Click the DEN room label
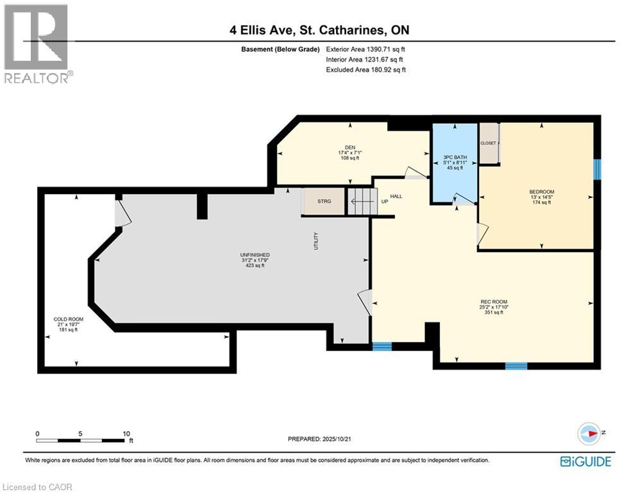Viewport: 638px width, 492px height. tap(350, 147)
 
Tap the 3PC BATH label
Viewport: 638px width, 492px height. tap(455, 158)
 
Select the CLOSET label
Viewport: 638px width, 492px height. tap(488, 143)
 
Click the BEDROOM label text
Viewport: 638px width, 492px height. tap(542, 192)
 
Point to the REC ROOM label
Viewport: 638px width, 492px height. tap(494, 302)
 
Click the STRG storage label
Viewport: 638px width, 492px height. tap(324, 201)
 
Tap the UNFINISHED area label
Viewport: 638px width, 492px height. tap(255, 255)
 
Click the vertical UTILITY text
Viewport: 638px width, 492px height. tap(316, 241)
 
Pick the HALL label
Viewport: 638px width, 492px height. tap(396, 197)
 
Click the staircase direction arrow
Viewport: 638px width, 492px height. tap(361, 201)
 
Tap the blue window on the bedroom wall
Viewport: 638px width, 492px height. tap(598, 169)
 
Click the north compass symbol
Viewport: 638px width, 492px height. tap(589, 434)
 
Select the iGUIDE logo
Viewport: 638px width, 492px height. tap(585, 461)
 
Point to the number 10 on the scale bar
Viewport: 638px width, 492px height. tap(126, 434)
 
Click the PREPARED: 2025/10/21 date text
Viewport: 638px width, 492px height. tap(319, 439)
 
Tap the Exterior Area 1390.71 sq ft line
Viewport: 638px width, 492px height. tap(365, 49)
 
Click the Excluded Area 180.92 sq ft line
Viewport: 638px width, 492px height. tap(365, 70)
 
